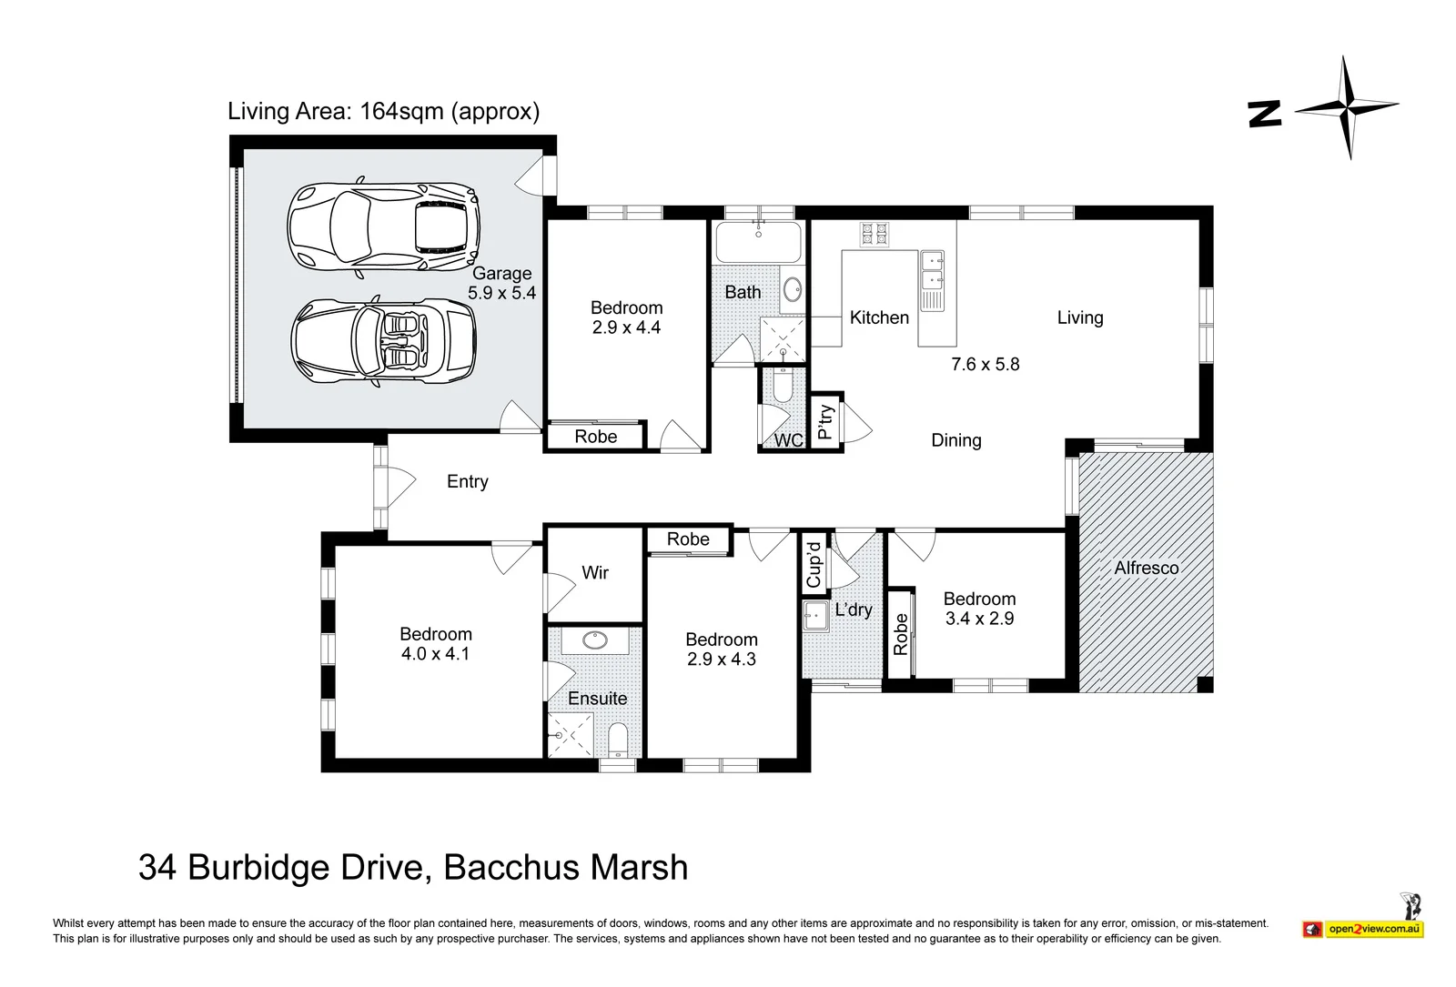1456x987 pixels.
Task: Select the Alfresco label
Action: point(1147,568)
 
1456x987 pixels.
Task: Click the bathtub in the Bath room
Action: point(759,243)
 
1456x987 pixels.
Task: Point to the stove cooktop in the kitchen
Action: point(875,235)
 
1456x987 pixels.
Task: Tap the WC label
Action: point(788,440)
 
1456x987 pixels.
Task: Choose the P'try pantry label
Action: point(824,422)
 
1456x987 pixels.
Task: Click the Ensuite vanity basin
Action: point(595,640)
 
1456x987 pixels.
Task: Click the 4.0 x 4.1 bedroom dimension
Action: point(435,654)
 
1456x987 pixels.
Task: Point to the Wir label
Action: point(595,572)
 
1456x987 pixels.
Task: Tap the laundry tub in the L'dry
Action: point(815,615)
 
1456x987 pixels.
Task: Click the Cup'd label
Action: point(814,565)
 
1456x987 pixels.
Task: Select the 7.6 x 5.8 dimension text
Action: point(986,364)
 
